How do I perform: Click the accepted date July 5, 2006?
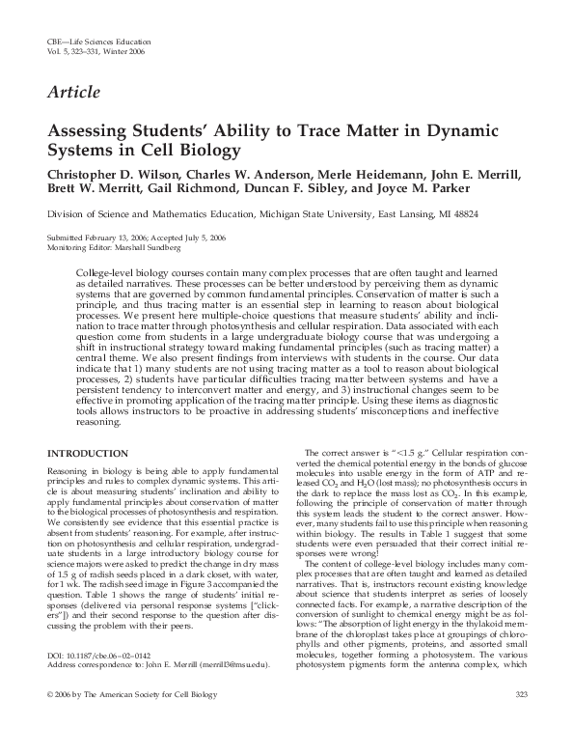coord(204,237)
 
